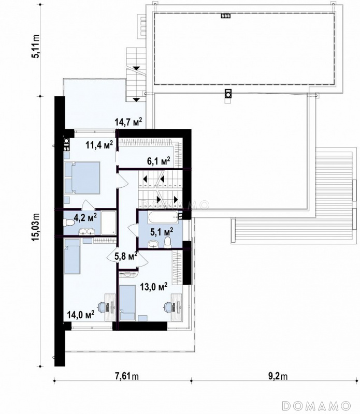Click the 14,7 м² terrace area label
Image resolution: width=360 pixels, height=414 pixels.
pyautogui.click(x=128, y=122)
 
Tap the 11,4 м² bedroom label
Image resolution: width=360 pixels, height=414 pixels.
pyautogui.click(x=99, y=145)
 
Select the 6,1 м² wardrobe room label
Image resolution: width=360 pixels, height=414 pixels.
pyautogui.click(x=159, y=161)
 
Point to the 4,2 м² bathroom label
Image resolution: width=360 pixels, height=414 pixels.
pyautogui.click(x=85, y=218)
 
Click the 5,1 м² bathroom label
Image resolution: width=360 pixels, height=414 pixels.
pyautogui.click(x=162, y=232)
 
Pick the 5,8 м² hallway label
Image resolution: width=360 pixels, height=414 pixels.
pyautogui.click(x=125, y=256)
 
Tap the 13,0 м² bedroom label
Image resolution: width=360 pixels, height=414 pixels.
pyautogui.click(x=153, y=287)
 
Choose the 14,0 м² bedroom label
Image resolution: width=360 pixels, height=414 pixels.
pyautogui.click(x=81, y=315)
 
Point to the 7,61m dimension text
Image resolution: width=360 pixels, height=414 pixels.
pyautogui.click(x=127, y=376)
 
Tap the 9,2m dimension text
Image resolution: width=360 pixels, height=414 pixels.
pyautogui.click(x=278, y=376)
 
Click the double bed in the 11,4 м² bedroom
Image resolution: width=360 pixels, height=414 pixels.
pyautogui.click(x=82, y=178)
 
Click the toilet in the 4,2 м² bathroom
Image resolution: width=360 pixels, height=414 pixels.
pyautogui.click(x=68, y=223)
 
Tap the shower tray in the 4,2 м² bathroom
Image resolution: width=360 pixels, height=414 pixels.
pyautogui.click(x=108, y=223)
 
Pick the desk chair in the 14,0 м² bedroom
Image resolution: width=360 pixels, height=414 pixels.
pyautogui.click(x=102, y=307)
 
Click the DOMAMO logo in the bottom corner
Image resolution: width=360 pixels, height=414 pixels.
pyautogui.click(x=316, y=405)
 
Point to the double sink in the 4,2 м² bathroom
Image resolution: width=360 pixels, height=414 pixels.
pyautogui.click(x=86, y=232)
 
